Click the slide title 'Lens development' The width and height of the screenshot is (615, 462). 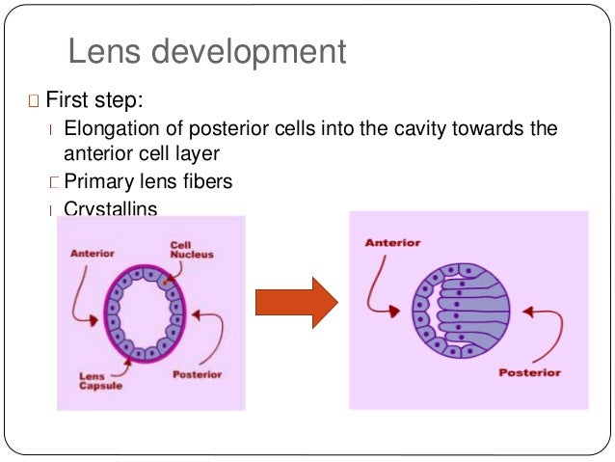206,51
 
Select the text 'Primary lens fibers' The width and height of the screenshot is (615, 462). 147,180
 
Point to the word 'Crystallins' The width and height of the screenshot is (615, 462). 109,207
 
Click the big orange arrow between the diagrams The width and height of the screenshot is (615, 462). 295,304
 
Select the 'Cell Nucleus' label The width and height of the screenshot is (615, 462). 192,250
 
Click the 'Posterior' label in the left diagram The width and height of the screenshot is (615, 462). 197,374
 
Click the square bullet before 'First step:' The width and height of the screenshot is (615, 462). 34,101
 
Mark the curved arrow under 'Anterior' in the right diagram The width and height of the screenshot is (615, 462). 378,289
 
